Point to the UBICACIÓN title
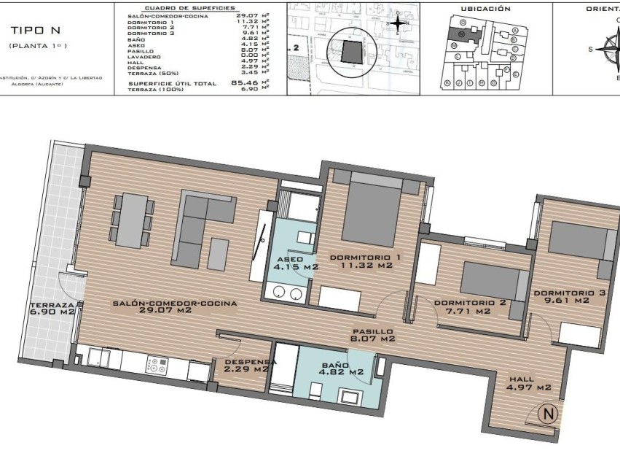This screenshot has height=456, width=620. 485,9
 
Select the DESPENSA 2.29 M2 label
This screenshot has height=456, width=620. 250,366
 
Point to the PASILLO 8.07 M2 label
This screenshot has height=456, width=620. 372,335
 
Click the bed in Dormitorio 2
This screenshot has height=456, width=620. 490,282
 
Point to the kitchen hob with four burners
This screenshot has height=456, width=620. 156,364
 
